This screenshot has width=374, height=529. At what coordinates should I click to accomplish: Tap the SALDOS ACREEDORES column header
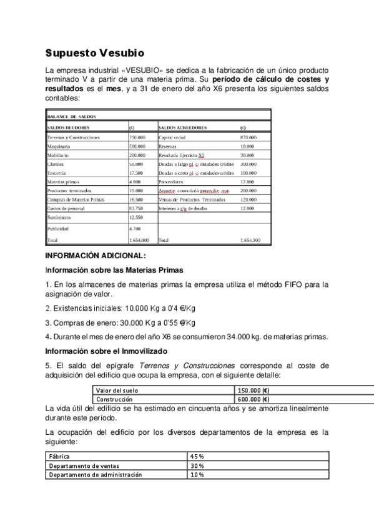click(x=183, y=127)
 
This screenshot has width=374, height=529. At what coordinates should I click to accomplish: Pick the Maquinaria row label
click(x=62, y=146)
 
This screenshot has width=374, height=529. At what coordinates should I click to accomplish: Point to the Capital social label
click(x=174, y=137)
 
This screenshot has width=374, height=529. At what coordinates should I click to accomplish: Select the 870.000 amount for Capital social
click(x=249, y=137)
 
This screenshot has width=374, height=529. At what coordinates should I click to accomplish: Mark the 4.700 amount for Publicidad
click(x=135, y=229)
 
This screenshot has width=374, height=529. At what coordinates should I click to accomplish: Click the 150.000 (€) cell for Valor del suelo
click(x=253, y=390)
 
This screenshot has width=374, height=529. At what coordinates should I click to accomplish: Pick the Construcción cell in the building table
click(x=114, y=399)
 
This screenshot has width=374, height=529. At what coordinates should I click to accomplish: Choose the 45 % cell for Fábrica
click(x=198, y=457)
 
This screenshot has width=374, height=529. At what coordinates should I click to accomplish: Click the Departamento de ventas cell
click(x=84, y=465)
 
